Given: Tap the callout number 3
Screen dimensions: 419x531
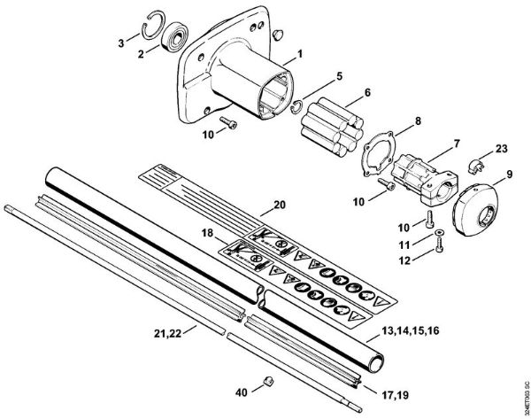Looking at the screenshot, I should [x=121, y=41].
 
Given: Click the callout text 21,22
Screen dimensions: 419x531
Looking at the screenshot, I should [x=168, y=334].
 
